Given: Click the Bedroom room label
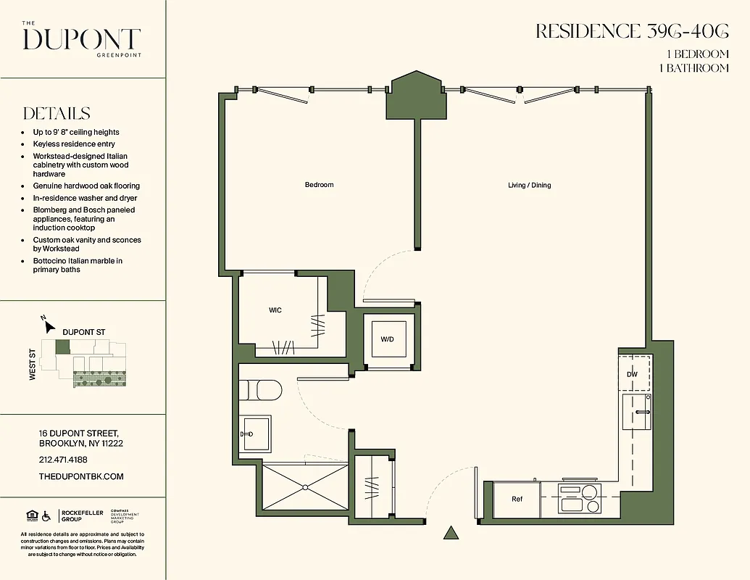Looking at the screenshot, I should click(x=319, y=185).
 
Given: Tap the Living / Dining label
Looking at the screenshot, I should click(x=529, y=185).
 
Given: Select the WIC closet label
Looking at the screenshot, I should click(x=275, y=310).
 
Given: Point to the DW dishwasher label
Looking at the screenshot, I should click(x=633, y=374).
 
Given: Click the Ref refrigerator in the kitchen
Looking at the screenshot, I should click(x=517, y=499).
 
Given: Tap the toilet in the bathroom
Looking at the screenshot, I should click(x=261, y=391).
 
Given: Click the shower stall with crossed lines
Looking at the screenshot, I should click(x=304, y=488).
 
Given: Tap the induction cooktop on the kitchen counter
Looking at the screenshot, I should click(x=579, y=500).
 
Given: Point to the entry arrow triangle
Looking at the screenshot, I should click(x=451, y=534).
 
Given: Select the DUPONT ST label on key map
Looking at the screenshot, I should click(x=84, y=332).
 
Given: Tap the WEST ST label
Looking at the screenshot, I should click(x=33, y=365).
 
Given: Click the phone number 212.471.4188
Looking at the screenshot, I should click(x=63, y=460).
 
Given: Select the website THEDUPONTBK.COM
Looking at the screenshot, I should click(x=81, y=476).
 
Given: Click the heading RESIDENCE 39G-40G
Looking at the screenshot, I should click(x=632, y=31).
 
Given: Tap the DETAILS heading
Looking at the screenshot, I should click(x=57, y=114).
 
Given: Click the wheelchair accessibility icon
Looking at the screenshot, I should click(x=46, y=516).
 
